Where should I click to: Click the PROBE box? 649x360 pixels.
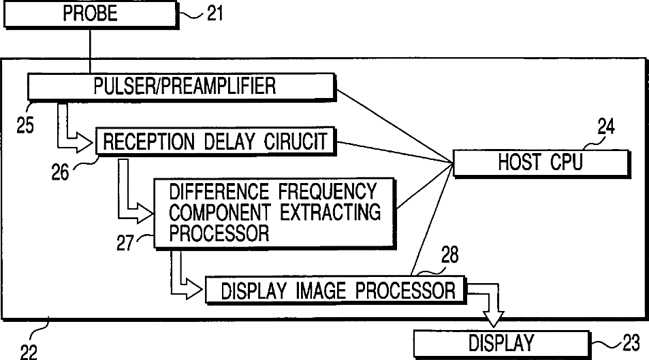tap(91, 13)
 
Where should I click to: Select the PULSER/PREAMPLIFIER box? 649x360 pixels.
tap(180, 86)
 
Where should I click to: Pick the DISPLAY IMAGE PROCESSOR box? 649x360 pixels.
tap(334, 291)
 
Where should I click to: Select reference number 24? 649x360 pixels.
tap(606, 126)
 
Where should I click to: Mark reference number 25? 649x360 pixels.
tap(25, 126)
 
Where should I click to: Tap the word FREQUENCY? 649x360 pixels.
tap(326, 190)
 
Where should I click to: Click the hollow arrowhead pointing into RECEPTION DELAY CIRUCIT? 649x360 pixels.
tap(85, 142)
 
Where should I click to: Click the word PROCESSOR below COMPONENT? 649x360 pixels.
tap(219, 233)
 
